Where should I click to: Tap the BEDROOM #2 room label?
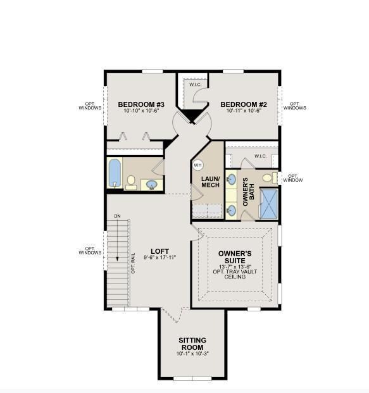244,104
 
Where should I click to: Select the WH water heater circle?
197,165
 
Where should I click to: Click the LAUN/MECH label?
210,182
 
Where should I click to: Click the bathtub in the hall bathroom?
115,172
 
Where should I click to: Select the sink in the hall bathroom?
152,185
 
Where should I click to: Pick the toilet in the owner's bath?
268,177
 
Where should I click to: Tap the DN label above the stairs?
117,216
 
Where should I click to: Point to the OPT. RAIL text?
133,262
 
